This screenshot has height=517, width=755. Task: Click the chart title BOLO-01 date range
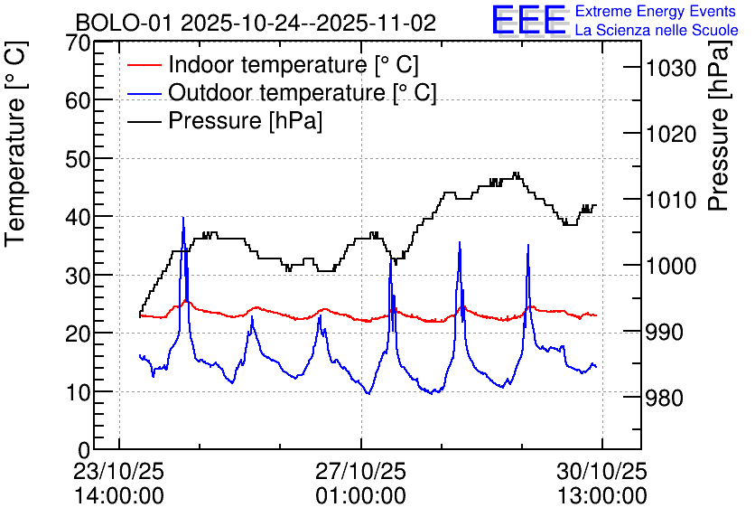tap(256, 22)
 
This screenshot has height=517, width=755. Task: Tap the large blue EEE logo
tap(528, 20)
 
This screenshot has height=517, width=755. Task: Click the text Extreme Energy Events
tap(657, 12)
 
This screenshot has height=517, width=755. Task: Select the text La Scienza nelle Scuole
tap(657, 30)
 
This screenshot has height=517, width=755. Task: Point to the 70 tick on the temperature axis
tap(79, 42)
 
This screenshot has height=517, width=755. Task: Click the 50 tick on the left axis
tap(79, 159)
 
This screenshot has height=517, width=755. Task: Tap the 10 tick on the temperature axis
tap(79, 392)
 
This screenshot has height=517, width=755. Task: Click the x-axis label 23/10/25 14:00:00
tap(119, 484)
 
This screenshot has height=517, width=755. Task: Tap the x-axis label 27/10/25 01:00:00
tap(360, 484)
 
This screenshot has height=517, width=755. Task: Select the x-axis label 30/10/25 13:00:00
tap(601, 484)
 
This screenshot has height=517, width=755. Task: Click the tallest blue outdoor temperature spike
tap(183, 220)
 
